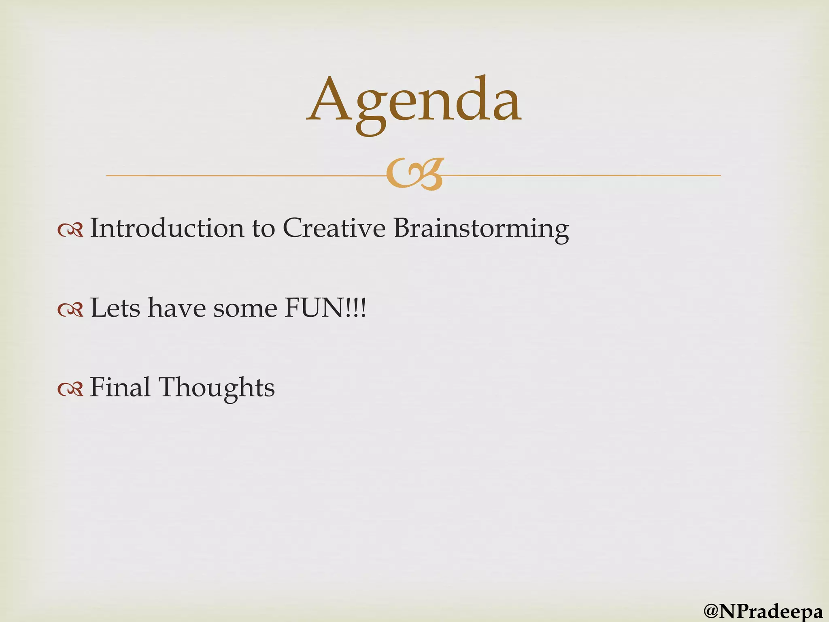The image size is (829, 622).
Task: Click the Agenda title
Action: point(414,101)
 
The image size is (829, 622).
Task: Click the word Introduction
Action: point(167,228)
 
